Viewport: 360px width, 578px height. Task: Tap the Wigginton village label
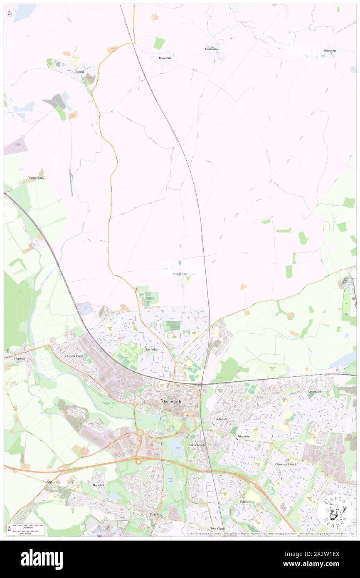180,274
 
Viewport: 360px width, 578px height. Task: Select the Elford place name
79,72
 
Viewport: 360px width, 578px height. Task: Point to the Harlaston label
212,49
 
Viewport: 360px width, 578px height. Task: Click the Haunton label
330,50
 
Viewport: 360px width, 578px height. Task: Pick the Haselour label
165,58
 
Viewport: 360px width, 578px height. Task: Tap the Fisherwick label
37,178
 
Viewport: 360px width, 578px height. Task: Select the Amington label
314,392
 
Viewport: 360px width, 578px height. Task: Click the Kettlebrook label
197,445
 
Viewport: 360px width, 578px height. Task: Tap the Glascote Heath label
286,464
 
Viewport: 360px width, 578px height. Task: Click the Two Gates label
217,529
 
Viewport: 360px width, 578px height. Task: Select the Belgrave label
245,501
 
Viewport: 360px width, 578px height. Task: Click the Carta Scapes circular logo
335,511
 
